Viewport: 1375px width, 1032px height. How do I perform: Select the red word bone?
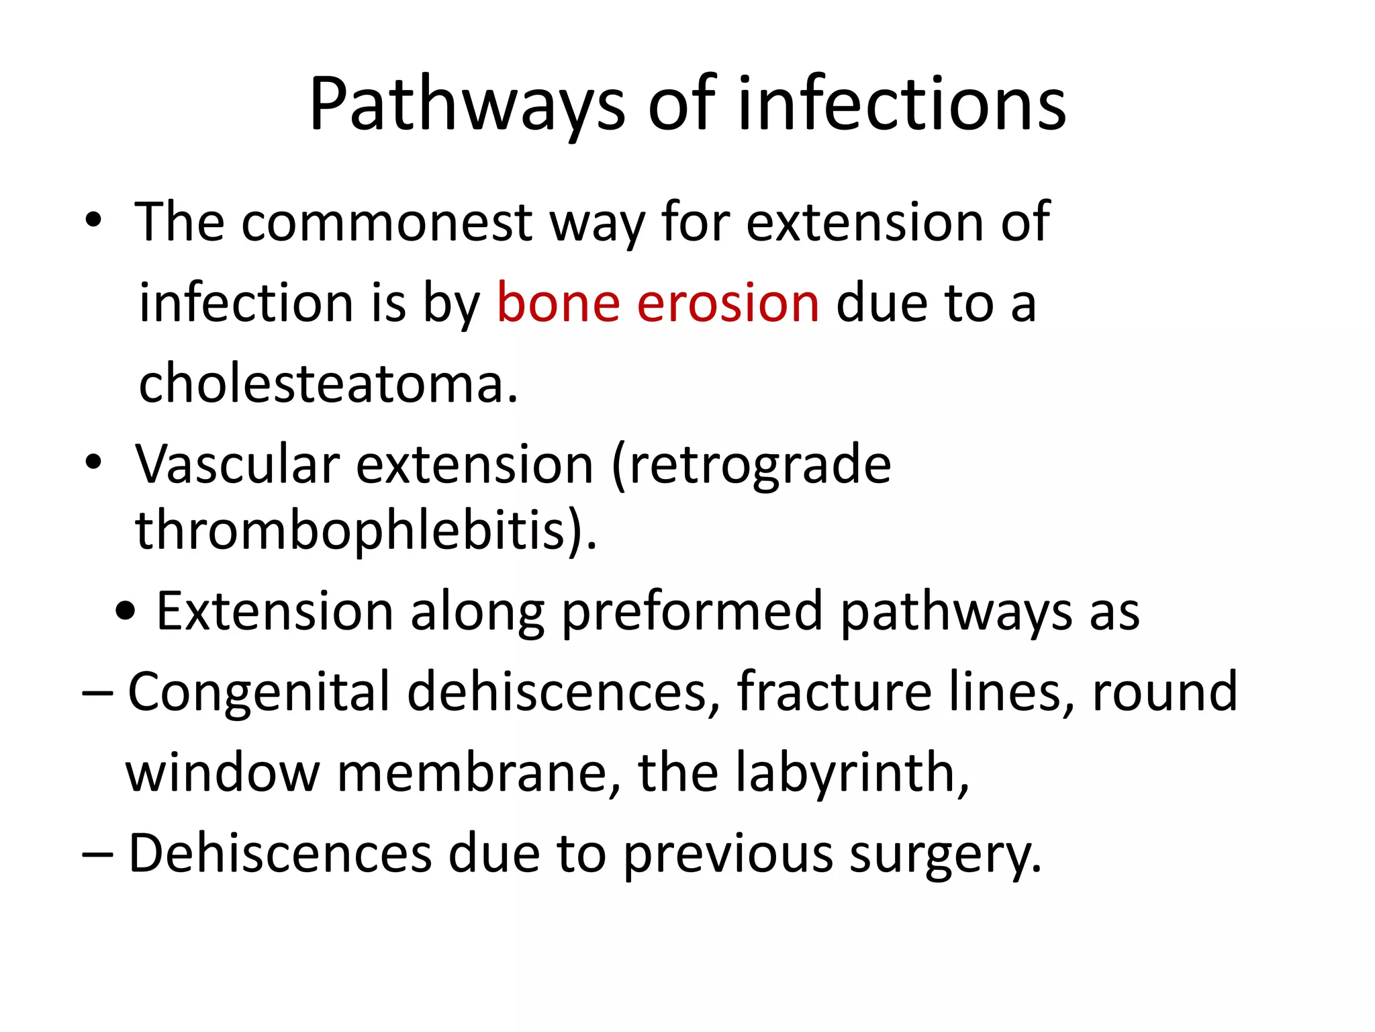click(558, 303)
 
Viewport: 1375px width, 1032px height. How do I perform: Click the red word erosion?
click(728, 303)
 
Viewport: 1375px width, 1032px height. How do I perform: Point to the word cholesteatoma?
click(327, 384)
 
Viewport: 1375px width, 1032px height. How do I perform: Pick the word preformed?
click(692, 612)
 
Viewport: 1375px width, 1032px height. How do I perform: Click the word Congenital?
click(258, 692)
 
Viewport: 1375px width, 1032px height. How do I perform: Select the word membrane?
click(477, 773)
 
